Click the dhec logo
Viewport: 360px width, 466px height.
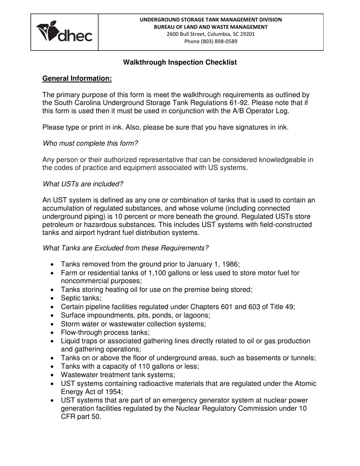coord(64,32)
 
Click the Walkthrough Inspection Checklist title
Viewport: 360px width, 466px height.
coord(180,63)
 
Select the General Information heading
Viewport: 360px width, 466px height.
coord(77,78)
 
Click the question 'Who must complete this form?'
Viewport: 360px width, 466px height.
coord(90,143)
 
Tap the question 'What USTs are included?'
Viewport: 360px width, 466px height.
coord(83,184)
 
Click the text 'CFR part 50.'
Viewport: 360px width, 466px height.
coord(81,417)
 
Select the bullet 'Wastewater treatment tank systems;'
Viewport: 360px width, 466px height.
coord(118,375)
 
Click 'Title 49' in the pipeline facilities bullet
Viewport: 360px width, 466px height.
coord(281,307)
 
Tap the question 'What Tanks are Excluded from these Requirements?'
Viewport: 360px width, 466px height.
coord(125,248)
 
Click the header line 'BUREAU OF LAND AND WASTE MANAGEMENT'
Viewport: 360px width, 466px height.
coord(211,27)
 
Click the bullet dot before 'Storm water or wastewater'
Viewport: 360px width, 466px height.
coord(52,324)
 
